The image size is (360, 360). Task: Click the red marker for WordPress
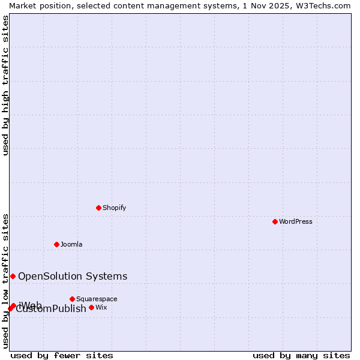(275, 221)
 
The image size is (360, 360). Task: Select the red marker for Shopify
(98, 208)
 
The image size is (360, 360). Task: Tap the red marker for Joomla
(56, 244)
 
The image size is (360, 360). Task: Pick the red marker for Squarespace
(72, 299)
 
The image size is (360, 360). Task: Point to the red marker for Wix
(91, 307)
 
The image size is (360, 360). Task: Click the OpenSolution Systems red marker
(13, 276)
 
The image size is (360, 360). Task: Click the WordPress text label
(296, 221)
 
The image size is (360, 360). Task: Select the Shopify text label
(114, 208)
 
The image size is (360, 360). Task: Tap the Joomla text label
(71, 244)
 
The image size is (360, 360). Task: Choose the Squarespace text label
(97, 299)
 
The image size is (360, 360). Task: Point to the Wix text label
(101, 307)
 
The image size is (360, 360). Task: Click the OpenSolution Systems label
(73, 276)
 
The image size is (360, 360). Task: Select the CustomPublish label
(52, 310)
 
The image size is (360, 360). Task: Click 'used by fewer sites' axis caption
(62, 355)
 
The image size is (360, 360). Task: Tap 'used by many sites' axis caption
(301, 355)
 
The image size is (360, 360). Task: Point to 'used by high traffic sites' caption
(5, 85)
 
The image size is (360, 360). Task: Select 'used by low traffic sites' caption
(5, 280)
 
